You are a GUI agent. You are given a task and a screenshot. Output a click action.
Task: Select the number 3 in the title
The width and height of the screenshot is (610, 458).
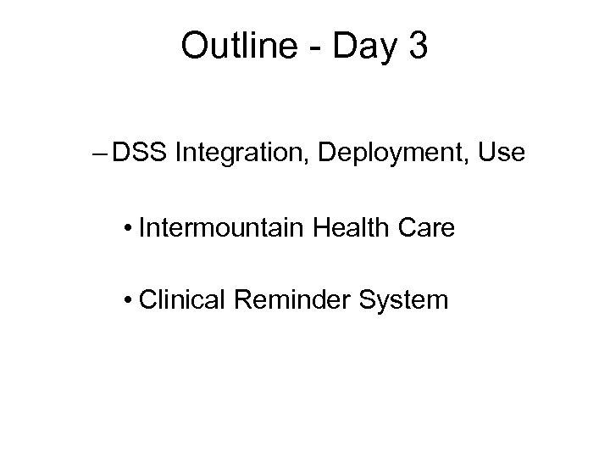pyautogui.click(x=418, y=47)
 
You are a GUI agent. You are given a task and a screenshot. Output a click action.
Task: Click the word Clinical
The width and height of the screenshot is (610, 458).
pyautogui.click(x=181, y=299)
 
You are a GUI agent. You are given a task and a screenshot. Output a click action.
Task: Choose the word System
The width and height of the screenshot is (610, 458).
pyautogui.click(x=403, y=300)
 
